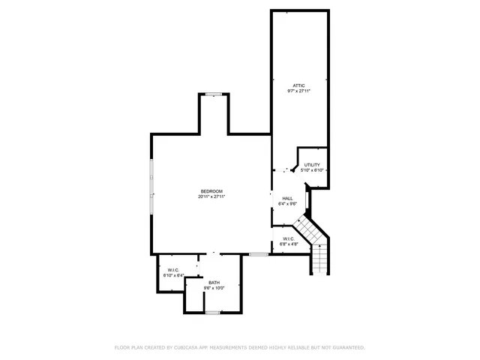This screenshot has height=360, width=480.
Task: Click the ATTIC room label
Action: point(299,85)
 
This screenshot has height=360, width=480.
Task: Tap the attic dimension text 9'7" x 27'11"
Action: point(299,91)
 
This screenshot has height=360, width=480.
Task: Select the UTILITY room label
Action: point(312,165)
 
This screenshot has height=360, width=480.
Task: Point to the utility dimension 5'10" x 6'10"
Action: point(312,170)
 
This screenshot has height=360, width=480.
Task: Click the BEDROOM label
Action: point(211,191)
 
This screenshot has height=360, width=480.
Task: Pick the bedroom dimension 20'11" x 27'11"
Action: point(211,196)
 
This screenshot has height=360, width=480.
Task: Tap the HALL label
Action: point(287,198)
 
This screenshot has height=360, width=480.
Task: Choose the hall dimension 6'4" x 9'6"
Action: point(287,203)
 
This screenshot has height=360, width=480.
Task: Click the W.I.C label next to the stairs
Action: point(289,238)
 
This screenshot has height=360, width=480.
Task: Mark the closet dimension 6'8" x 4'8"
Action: point(289,244)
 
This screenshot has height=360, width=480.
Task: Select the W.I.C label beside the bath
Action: point(173,270)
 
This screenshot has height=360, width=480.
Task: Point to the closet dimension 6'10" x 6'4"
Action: point(173,275)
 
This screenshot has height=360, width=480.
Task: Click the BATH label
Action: point(214,283)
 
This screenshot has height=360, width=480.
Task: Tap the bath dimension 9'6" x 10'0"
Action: point(214,288)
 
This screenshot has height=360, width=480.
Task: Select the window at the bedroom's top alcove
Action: point(214,94)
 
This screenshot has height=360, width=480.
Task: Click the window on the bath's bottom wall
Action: point(213,312)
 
